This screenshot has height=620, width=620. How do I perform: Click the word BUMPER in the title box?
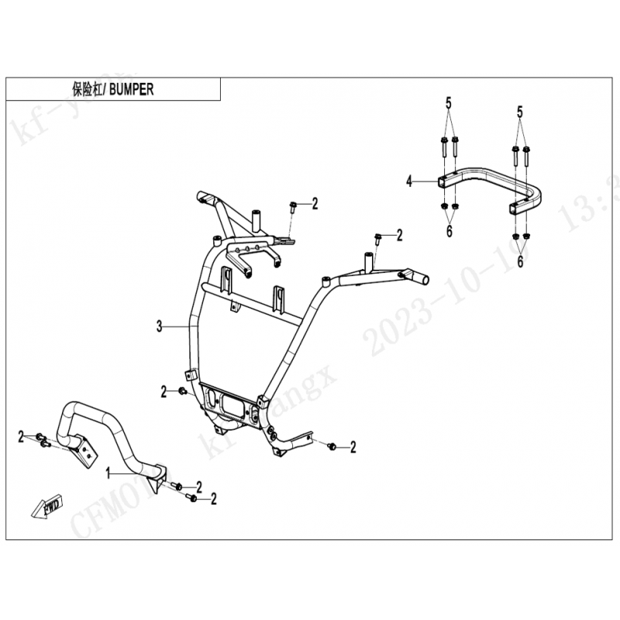(131, 89)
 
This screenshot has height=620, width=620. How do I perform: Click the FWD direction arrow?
(46, 508)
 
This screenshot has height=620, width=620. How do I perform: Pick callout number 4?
(408, 181)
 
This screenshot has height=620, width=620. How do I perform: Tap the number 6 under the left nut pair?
(447, 232)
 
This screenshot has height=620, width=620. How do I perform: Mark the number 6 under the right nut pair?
(520, 263)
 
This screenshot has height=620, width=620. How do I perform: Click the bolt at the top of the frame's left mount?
(294, 206)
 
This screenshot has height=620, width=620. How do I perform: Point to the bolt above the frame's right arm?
(378, 236)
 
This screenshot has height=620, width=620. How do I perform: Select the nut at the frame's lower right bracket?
(331, 446)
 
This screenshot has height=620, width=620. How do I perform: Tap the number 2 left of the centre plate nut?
(164, 392)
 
